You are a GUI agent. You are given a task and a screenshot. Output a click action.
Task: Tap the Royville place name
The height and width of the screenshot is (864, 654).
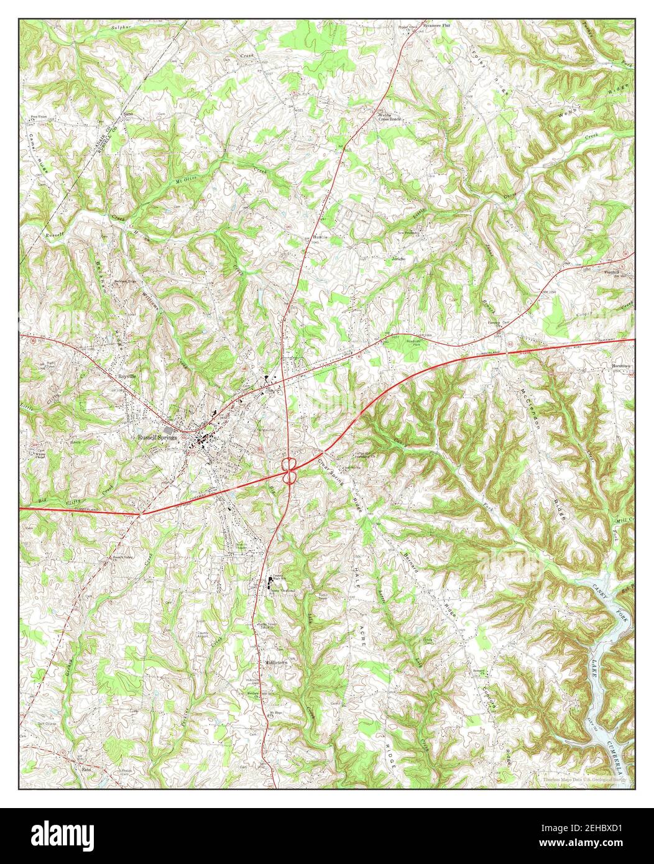[131, 376]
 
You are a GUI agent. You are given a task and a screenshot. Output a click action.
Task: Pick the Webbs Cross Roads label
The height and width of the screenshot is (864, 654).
[390, 116]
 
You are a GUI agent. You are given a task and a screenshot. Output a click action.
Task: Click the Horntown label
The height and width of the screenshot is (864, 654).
[621, 365]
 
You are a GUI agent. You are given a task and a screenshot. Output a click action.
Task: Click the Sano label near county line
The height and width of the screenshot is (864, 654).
[129, 114]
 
